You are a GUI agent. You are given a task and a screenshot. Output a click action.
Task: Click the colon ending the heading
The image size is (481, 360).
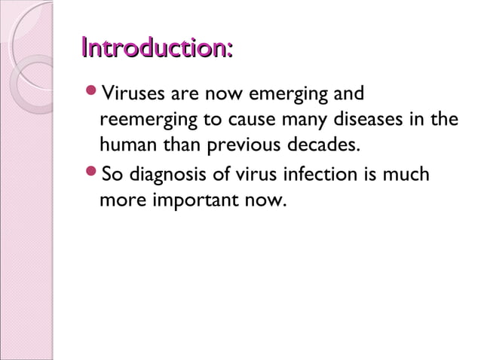point(228,51)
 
